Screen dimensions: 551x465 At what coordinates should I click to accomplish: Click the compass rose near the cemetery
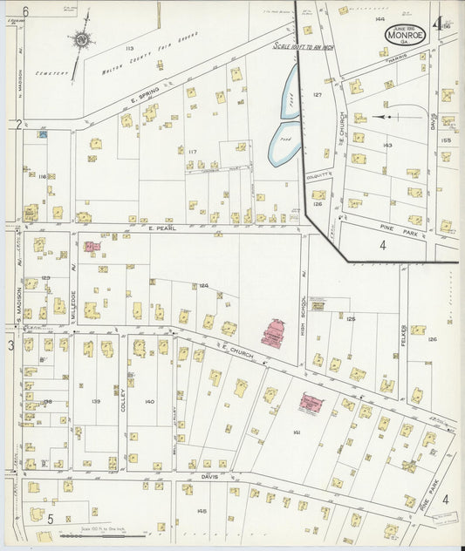(81, 38)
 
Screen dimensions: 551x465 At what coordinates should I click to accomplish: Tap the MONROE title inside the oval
(407, 37)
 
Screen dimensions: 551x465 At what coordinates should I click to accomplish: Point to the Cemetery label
(52, 74)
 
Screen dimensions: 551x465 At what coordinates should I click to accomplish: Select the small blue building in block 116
(42, 134)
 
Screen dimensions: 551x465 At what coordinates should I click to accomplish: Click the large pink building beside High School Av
(273, 334)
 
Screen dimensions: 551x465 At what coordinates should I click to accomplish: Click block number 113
(129, 48)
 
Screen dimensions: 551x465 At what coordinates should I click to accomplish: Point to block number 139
(95, 402)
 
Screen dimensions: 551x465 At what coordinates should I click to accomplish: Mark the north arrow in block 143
(385, 116)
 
